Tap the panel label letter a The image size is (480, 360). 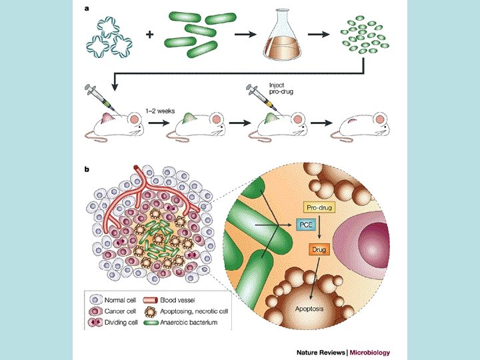coord(87,9)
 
